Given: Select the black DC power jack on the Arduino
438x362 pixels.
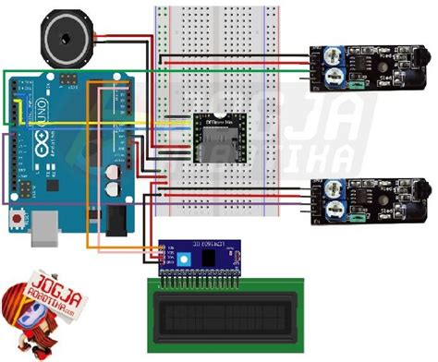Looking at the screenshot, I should [x=118, y=221].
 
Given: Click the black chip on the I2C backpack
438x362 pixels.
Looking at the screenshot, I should [x=212, y=258].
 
